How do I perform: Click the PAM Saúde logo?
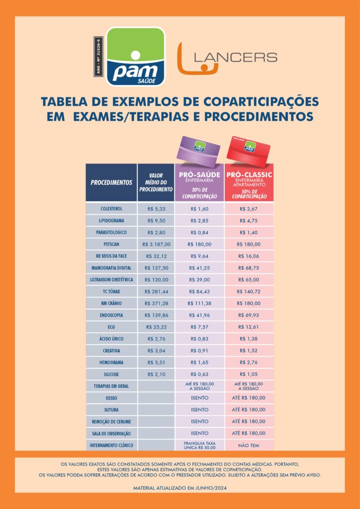[135, 56]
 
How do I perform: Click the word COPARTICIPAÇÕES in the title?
[261, 102]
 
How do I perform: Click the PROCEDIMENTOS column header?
[111, 182]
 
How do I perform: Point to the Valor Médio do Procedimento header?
[156, 182]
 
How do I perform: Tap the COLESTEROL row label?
[111, 208]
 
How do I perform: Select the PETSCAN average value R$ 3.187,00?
[156, 244]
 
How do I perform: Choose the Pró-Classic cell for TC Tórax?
[249, 291]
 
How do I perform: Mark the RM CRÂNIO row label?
[111, 303]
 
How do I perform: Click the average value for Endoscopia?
[156, 315]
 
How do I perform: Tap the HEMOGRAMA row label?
[111, 362]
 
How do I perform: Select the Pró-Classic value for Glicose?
[249, 374]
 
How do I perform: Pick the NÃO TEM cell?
[249, 445]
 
